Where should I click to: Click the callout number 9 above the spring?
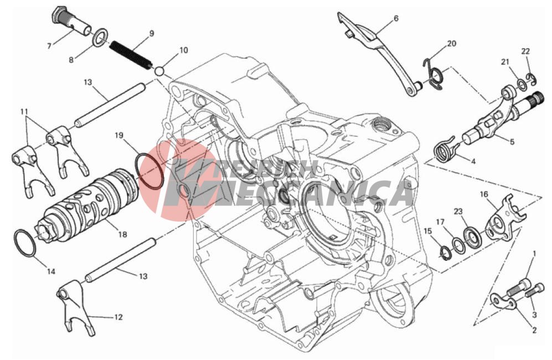coord(151,34)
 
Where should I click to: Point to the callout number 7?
coord(49,46)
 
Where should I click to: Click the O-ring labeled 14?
coord(25,243)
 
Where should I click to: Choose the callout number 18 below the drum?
coord(122,234)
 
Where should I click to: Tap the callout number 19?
coord(119,136)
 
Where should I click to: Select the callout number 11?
coord(24,112)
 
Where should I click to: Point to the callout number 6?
coord(396,18)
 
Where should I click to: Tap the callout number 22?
coord(525,52)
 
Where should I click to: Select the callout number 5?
coord(512,142)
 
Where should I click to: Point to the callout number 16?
coord(484,194)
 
